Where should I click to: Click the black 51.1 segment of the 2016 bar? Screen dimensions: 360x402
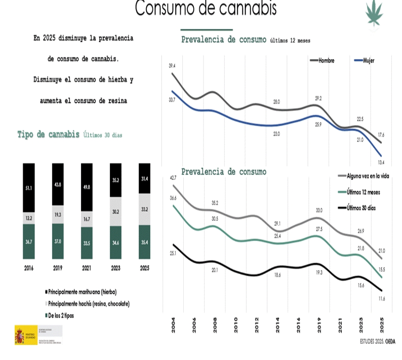coord(29,188)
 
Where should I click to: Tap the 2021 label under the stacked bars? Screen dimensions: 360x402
coord(87,268)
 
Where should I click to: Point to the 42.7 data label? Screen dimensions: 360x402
coord(173,178)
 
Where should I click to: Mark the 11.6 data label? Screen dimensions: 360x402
coord(381,299)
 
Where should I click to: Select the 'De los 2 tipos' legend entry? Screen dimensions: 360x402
coord(61,316)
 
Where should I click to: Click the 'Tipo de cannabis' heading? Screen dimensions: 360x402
coord(48,134)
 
